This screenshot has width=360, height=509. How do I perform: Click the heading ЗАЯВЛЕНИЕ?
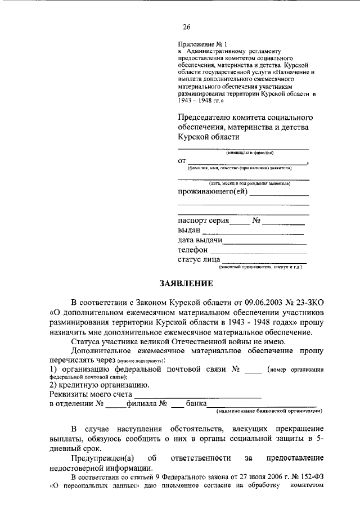point(180,283)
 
